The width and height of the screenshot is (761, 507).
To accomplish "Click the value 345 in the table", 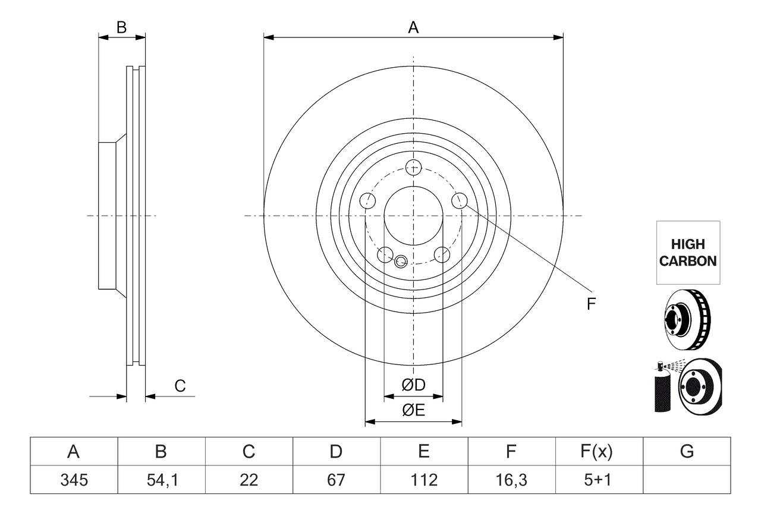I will point(74,479).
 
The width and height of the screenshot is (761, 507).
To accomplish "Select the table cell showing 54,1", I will point(161,479).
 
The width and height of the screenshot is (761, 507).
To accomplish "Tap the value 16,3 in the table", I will point(511,479).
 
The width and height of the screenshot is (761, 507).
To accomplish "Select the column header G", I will point(687,452).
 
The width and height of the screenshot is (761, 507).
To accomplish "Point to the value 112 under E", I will point(423,479).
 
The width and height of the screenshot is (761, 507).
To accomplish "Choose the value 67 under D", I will point(336,479).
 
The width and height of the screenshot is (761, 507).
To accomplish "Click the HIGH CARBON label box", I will point(688,253).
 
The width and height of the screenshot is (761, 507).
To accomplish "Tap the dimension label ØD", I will point(413,385).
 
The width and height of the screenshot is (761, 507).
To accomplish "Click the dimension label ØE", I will point(413,411).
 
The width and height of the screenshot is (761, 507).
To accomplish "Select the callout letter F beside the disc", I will point(590,304).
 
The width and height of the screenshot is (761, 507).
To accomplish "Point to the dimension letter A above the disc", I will point(413,27).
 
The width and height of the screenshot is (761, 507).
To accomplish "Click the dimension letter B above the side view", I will point(121,27).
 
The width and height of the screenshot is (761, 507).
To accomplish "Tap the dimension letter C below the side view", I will point(180,386).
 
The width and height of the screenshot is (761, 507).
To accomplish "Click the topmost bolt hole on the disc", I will point(413,167).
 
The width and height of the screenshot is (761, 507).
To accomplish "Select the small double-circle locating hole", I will point(400,261).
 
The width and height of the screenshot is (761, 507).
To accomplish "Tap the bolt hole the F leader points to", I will point(459,200).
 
